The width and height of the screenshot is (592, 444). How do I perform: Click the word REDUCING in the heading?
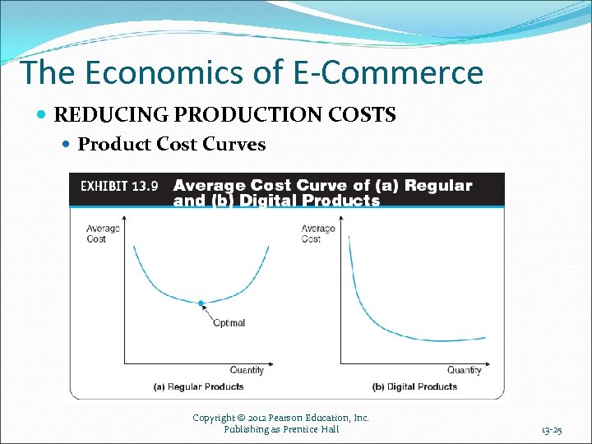click(x=97, y=115)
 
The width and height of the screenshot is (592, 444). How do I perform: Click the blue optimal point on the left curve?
click(x=201, y=303)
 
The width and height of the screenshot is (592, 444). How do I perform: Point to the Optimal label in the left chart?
click(x=229, y=322)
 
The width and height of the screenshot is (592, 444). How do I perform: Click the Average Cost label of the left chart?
click(x=102, y=234)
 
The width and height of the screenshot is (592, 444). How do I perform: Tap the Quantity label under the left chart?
click(x=247, y=370)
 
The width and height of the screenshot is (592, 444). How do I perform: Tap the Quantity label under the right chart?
click(x=465, y=370)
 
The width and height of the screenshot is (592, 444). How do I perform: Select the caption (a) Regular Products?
click(x=199, y=386)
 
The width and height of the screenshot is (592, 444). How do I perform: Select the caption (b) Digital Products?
click(x=414, y=386)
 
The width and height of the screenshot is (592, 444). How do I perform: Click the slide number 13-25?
click(x=551, y=430)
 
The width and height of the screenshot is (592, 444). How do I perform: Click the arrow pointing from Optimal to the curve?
click(x=209, y=313)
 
